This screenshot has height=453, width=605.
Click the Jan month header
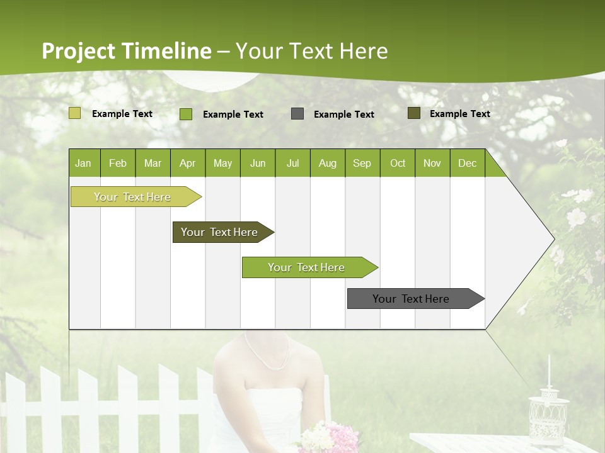[x=83, y=163]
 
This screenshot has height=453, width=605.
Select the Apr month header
[x=187, y=163]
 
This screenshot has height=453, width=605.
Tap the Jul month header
[x=292, y=163]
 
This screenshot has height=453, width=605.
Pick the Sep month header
[x=362, y=163]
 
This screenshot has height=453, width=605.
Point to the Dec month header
[x=467, y=163]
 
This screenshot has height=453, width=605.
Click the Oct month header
[x=398, y=163]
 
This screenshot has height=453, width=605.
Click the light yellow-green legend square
[x=75, y=113]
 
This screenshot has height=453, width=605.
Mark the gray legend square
[x=297, y=114]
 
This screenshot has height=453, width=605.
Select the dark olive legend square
[x=414, y=113]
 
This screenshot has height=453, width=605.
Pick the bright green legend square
[x=186, y=114]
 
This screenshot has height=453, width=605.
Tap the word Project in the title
[x=79, y=51]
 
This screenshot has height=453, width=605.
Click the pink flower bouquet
[x=325, y=438]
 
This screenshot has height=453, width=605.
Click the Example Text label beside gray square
[x=343, y=115]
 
